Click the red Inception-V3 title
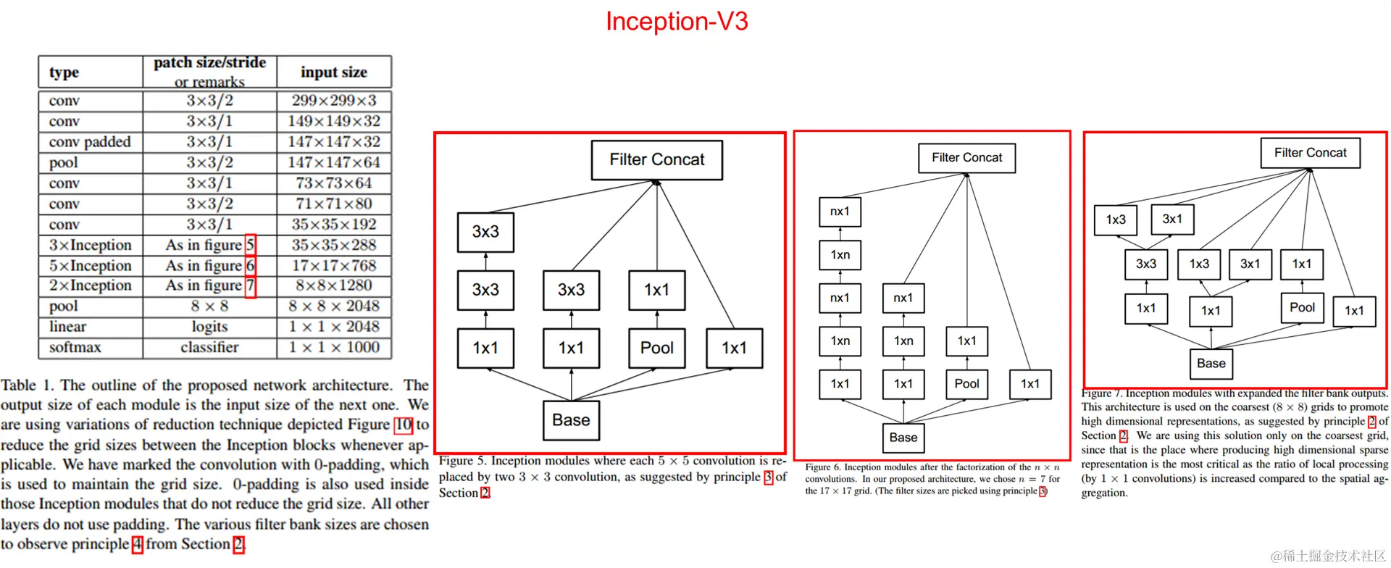(x=677, y=22)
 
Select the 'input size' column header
(x=333, y=72)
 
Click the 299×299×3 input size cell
(x=333, y=101)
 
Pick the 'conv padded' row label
(x=90, y=142)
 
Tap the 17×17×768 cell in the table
(x=333, y=266)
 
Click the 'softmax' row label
(x=75, y=348)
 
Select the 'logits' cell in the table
(x=209, y=327)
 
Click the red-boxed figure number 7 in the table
(x=250, y=286)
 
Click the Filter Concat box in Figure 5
(x=656, y=160)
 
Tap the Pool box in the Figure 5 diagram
(x=656, y=348)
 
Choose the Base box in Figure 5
(x=571, y=420)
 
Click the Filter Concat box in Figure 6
(x=966, y=158)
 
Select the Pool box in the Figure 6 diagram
(x=966, y=384)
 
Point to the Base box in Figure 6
(x=903, y=438)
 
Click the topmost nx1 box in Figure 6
(x=840, y=212)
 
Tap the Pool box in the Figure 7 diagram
(x=1302, y=308)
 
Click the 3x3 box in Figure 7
(x=1145, y=264)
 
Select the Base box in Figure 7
(x=1211, y=364)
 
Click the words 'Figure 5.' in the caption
(x=462, y=461)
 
